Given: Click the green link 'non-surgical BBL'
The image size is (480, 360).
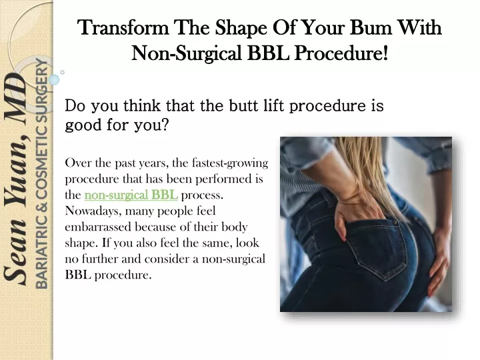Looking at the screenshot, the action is point(131,195).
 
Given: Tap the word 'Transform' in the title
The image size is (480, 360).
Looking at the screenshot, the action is point(123,27).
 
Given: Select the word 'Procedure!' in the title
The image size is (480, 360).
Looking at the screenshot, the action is point(341,53).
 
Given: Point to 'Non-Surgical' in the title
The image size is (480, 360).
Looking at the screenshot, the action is point(187,53).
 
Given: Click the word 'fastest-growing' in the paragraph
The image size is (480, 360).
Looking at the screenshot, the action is point(230,163).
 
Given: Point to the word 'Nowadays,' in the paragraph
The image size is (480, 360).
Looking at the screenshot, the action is point(93,211).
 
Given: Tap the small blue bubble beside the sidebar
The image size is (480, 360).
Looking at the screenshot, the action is point(54,79).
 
